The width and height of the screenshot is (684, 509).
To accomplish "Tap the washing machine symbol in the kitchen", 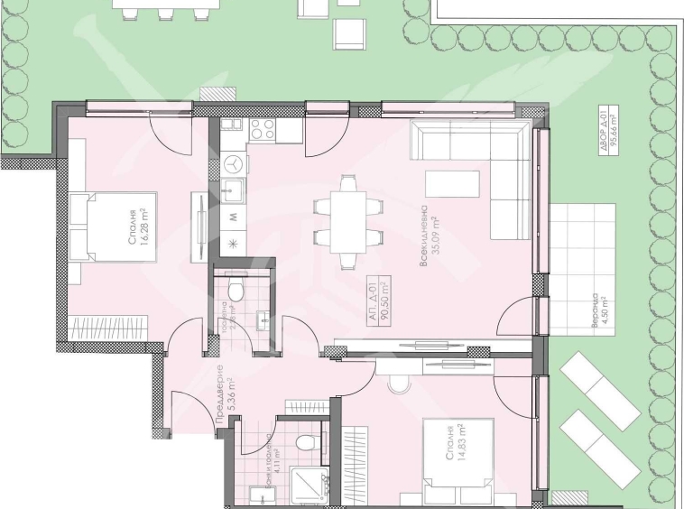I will pos(234,164).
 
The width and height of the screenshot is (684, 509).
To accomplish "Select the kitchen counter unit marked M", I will pos(234,217).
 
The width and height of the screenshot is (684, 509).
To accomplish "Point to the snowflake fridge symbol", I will pos(234,242).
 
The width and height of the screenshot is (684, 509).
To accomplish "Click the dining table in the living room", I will pos(347,222).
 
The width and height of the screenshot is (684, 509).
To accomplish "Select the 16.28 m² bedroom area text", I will pos(136,236).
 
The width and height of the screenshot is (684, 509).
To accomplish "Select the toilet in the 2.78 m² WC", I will pos(236,290).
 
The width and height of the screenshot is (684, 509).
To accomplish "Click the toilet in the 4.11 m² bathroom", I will pos(306,443).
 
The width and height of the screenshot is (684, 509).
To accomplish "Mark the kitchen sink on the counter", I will pos(234,191).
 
